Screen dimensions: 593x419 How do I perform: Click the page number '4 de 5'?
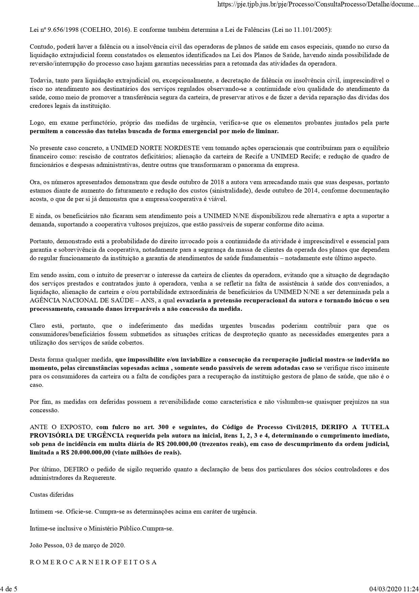pos(9,589)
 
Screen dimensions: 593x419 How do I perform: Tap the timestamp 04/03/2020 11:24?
pos(394,589)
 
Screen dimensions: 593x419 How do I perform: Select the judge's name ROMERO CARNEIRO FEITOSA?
pos(93,562)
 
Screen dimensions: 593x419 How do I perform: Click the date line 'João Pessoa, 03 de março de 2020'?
pos(77,545)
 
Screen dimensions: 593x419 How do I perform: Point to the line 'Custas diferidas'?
pos(52,495)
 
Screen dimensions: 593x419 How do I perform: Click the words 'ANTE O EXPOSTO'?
pos(60,427)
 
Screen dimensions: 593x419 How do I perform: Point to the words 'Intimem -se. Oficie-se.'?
pos(61,512)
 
